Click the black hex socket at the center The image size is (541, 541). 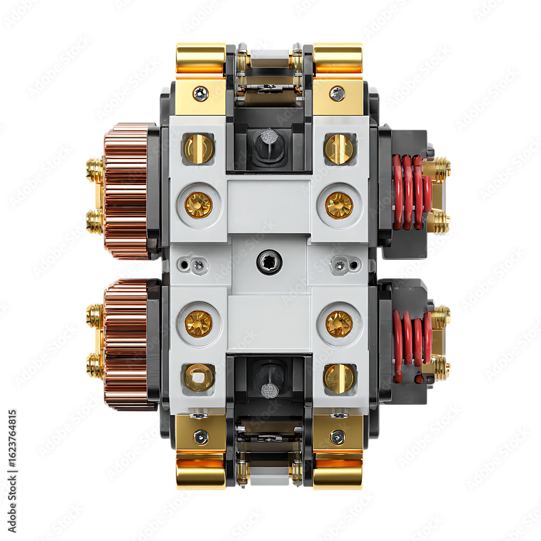click(269, 262)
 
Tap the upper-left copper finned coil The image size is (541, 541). click(126, 190)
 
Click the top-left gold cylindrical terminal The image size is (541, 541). click(201, 58)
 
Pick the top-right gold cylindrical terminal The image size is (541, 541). click(338, 58)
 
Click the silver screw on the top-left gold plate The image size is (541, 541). click(201, 94)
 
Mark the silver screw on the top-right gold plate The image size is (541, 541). click(337, 94)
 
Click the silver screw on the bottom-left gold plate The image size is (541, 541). click(201, 437)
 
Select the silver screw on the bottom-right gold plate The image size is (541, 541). click(337, 437)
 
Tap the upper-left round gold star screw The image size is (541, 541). click(199, 205)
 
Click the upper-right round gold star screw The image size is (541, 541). click(339, 205)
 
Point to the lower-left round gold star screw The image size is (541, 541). click(199, 324)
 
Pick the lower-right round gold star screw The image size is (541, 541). click(339, 324)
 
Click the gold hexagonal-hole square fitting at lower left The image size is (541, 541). click(199, 377)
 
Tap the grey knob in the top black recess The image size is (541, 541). click(269, 136)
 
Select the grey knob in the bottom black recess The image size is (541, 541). click(269, 390)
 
